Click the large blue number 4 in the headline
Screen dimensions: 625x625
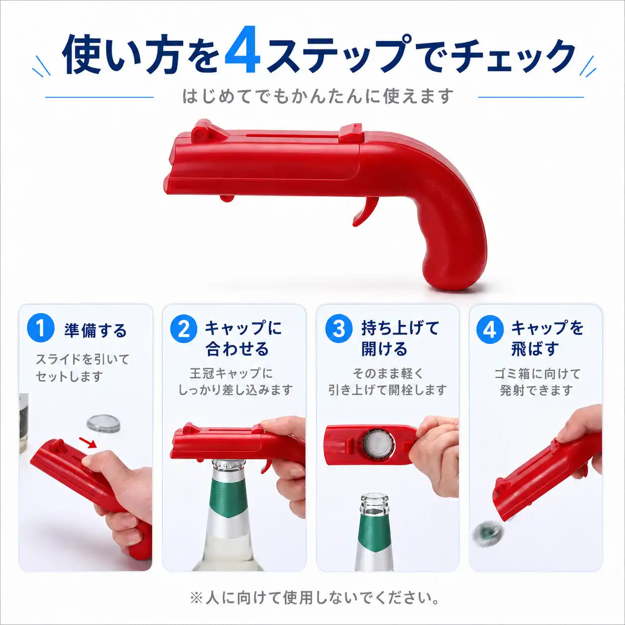tap(243, 50)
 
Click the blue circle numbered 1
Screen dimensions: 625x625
tap(40, 328)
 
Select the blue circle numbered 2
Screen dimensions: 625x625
tap(183, 329)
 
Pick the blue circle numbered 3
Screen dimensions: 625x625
tap(338, 329)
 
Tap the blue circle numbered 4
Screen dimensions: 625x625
tap(490, 329)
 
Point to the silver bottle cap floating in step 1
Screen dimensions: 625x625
tap(104, 424)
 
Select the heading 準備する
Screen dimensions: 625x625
tap(95, 330)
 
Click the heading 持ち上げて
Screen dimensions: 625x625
tap(400, 327)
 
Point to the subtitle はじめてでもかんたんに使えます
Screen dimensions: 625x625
tap(318, 96)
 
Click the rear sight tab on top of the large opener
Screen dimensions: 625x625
tap(351, 133)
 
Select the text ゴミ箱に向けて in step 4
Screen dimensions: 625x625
tap(537, 374)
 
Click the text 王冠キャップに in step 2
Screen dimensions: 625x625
tap(231, 373)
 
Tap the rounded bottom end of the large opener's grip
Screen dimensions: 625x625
tap(453, 279)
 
